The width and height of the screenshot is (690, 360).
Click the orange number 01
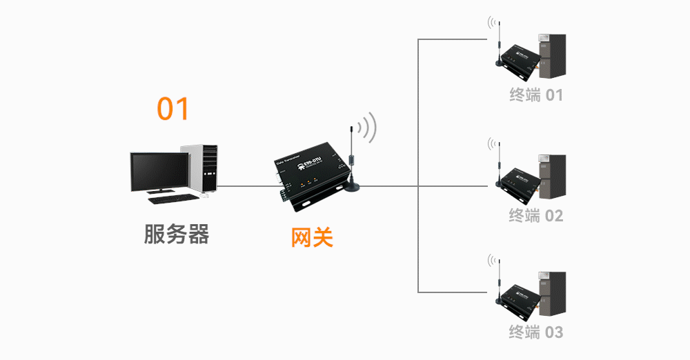point(172,109)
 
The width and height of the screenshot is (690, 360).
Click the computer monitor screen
point(159,171)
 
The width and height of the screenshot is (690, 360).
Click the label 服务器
point(176,234)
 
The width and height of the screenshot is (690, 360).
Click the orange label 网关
point(312,237)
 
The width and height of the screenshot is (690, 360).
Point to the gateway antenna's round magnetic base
point(354,187)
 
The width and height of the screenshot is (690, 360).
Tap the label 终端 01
point(536,95)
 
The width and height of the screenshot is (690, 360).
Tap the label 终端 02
point(536,216)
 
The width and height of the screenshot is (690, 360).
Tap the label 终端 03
point(536,332)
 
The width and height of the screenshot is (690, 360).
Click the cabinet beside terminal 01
point(552,59)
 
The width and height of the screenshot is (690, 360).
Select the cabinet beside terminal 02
point(552,179)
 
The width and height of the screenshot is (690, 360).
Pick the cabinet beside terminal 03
point(552,296)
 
